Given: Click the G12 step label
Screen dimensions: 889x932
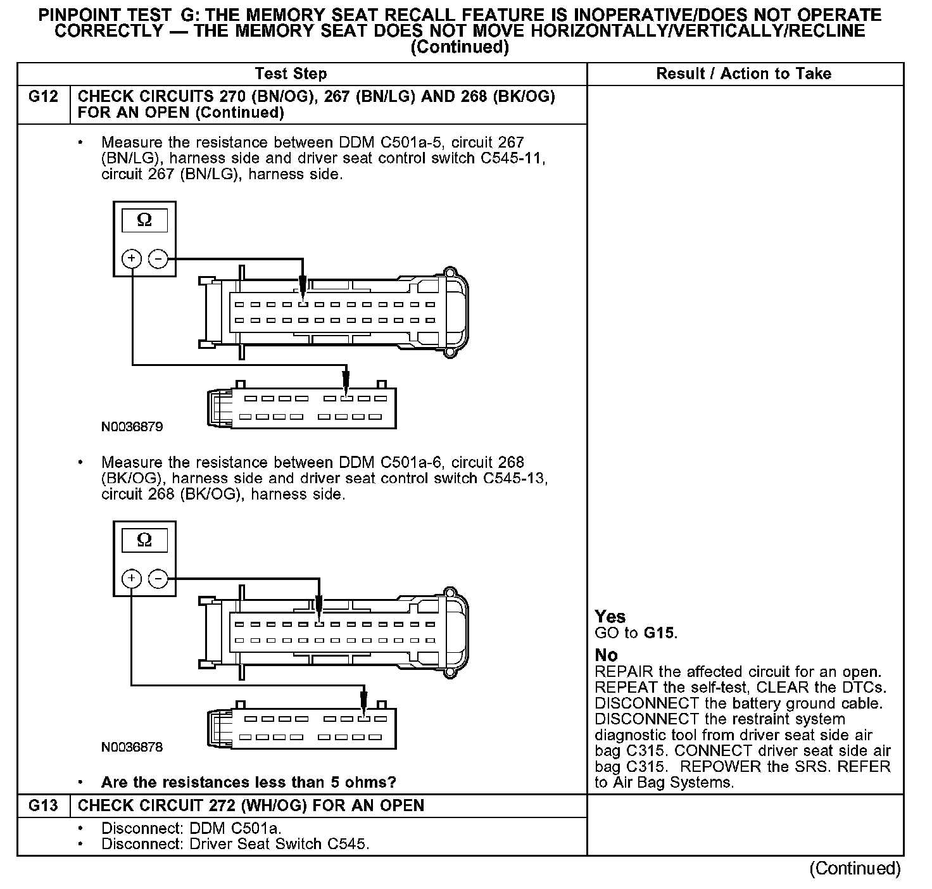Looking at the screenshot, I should click(43, 97).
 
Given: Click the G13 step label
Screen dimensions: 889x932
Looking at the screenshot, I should click(43, 805).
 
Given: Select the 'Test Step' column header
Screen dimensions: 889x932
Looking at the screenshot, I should click(291, 74).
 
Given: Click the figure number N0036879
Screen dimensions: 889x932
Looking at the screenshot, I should click(132, 427).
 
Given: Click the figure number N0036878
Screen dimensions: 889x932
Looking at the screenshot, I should click(132, 747).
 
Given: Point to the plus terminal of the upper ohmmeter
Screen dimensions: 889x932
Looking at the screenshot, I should click(131, 258).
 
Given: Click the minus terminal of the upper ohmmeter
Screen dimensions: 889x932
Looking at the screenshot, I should click(158, 258).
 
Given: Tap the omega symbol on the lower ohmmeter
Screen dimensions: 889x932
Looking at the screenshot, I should click(144, 540).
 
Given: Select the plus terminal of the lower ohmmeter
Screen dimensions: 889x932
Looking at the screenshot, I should click(131, 578).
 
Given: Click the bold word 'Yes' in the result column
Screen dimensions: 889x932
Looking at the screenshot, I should click(610, 617).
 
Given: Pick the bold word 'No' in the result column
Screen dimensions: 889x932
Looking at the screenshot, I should click(606, 655).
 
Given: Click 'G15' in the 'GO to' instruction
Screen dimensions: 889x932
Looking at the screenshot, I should click(659, 633).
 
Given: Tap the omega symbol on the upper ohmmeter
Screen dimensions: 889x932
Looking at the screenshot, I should click(144, 220).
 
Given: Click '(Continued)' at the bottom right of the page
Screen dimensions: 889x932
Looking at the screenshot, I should click(855, 868).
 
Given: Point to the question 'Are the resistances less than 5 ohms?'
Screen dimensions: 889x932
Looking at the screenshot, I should click(248, 783).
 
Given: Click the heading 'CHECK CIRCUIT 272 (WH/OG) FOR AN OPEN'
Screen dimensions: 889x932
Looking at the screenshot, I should click(251, 805).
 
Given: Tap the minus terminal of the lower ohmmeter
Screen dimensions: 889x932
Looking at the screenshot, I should click(158, 578).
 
